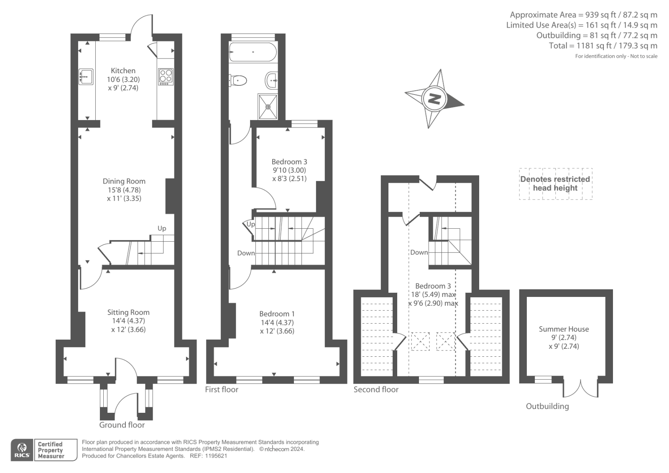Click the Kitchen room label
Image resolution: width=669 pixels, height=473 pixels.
pos(123,71)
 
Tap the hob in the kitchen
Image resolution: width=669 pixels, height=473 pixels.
pos(166,77)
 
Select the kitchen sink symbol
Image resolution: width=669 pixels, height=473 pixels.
pos(86,77)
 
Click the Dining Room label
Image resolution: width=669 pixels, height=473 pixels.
pos(124,181)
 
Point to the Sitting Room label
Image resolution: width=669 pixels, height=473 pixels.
pos(128,312)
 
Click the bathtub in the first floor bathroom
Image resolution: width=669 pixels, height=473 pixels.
pos(253,52)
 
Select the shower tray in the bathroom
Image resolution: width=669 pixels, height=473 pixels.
pos(268,106)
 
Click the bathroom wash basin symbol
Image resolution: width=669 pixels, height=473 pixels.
pos(271,79)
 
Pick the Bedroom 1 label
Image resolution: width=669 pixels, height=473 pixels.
pos(277,314)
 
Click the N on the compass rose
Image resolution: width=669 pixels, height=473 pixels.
pos(434,99)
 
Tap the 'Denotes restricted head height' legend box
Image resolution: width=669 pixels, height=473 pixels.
pos(555,184)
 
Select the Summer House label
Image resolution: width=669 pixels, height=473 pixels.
pos(564,329)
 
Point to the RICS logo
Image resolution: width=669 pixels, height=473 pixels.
pos(22,450)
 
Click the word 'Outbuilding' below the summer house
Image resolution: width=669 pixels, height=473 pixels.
pos(547,406)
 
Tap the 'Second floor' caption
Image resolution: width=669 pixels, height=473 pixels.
pos(376,389)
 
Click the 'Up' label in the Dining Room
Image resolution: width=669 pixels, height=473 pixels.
pos(162,228)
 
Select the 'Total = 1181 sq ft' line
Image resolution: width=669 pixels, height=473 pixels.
pos(603,46)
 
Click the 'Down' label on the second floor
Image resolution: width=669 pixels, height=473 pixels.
pos(419,252)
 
